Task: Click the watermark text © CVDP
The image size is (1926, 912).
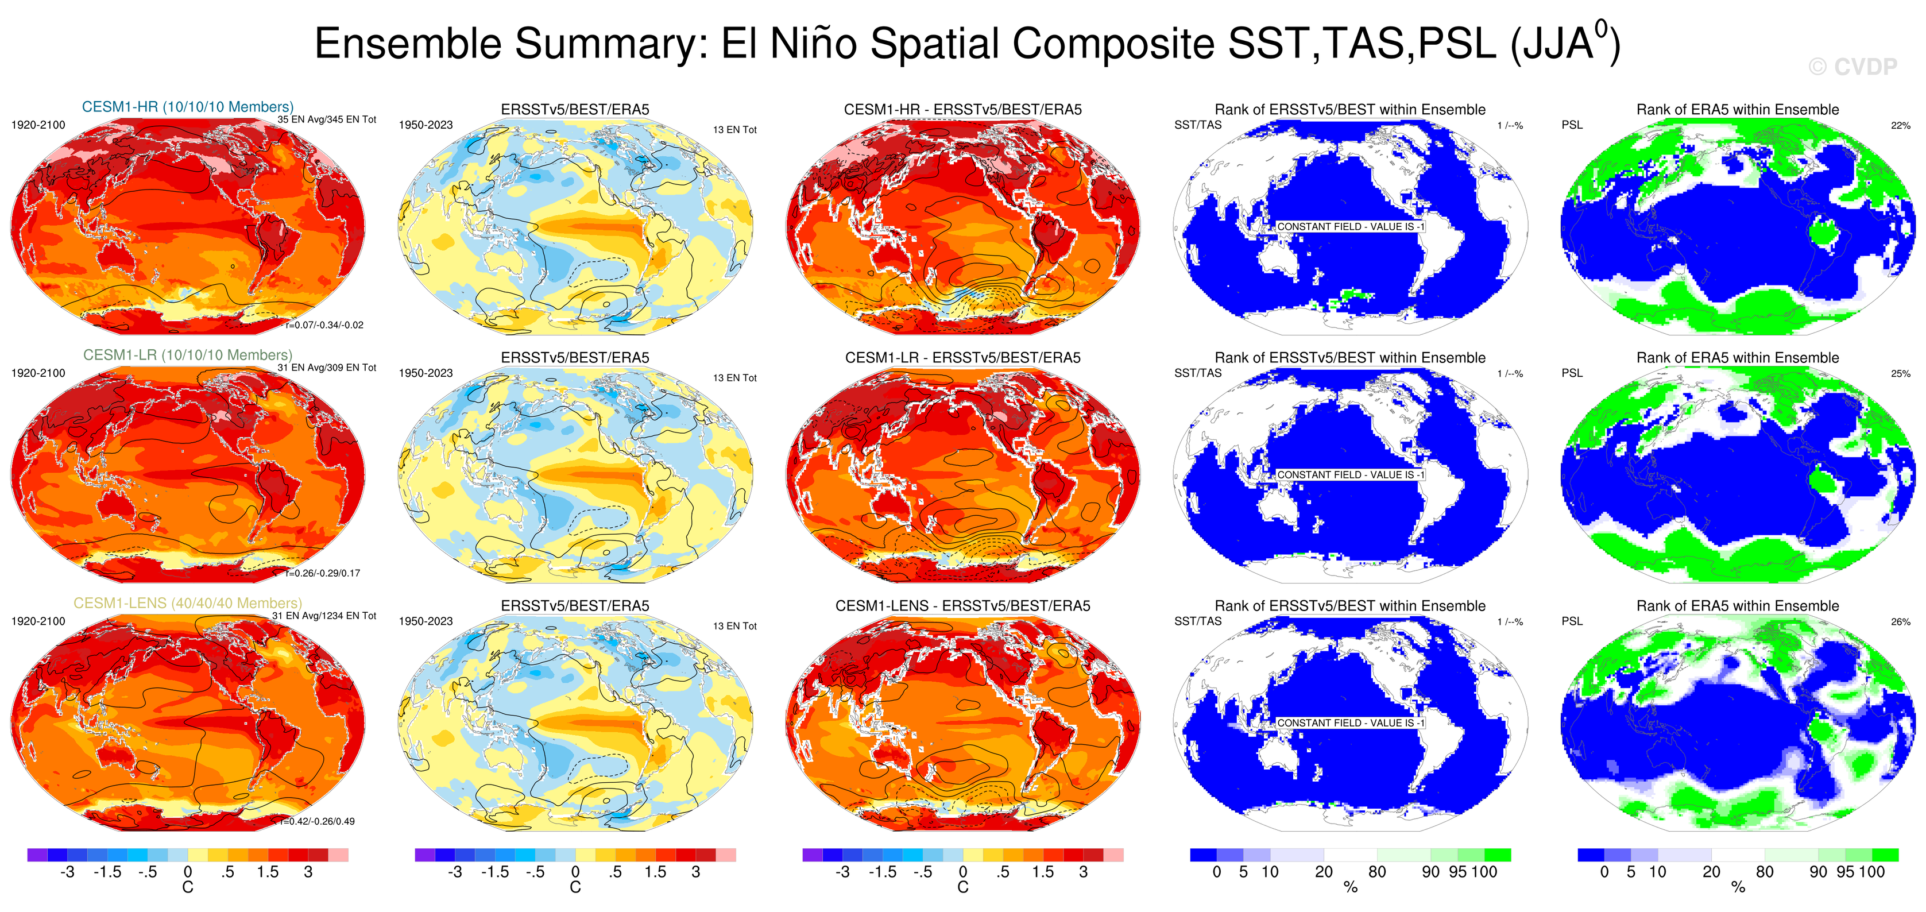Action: pos(1852,67)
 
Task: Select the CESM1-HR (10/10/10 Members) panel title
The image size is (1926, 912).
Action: pos(188,107)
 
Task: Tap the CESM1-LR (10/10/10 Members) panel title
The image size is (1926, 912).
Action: pos(188,355)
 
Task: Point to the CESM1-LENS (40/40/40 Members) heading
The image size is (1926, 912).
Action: pos(188,603)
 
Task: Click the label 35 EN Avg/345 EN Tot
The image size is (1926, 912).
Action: pos(327,119)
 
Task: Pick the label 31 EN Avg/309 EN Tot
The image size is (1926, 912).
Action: pos(327,368)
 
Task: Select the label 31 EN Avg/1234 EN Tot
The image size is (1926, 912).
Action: pos(324,616)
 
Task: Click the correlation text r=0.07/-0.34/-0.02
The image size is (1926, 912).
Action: pos(324,325)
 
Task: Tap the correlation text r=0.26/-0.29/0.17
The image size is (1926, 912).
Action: pos(323,573)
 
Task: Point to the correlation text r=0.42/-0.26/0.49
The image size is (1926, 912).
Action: pos(318,822)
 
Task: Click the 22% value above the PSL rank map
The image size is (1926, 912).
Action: pos(1900,126)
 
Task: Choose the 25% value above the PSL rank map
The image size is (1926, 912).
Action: pos(1900,374)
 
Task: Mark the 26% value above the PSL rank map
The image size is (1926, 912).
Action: pos(1900,622)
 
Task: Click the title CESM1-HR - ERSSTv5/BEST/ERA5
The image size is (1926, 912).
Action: pos(962,110)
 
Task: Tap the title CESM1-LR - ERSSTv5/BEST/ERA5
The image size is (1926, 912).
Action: pos(962,358)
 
